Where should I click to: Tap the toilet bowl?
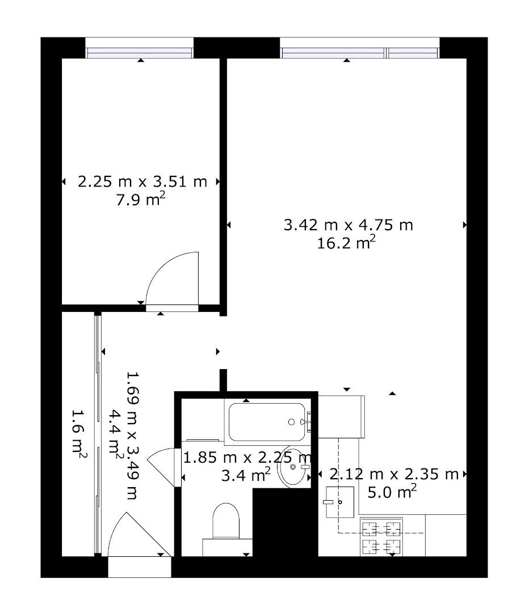[x=226, y=521]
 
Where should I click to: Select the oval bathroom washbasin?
[x=292, y=466]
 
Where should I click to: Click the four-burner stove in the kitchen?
[x=381, y=537]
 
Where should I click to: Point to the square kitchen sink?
[x=339, y=502]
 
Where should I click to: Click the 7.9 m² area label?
[x=140, y=199]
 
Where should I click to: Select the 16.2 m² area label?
[x=346, y=242]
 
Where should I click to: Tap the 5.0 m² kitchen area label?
[x=392, y=492]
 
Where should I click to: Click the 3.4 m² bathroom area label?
[x=246, y=475]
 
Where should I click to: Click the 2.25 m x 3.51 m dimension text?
[x=142, y=182]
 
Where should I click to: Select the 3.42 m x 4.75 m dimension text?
[x=349, y=225]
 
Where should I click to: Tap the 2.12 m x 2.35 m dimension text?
[x=394, y=474]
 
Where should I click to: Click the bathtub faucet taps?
[x=308, y=422]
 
